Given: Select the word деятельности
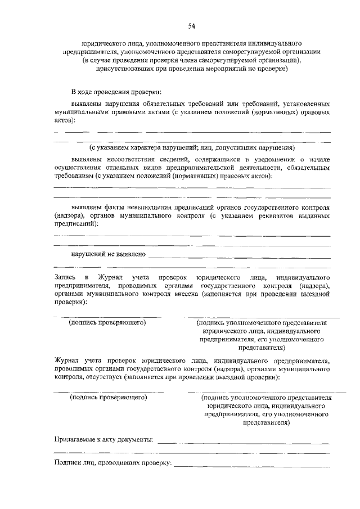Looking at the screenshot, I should pyautogui.click(x=267, y=168).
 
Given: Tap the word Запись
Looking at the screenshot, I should pyautogui.click(x=64, y=278).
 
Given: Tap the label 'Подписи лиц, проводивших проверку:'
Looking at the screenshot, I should pyautogui.click(x=112, y=463).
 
